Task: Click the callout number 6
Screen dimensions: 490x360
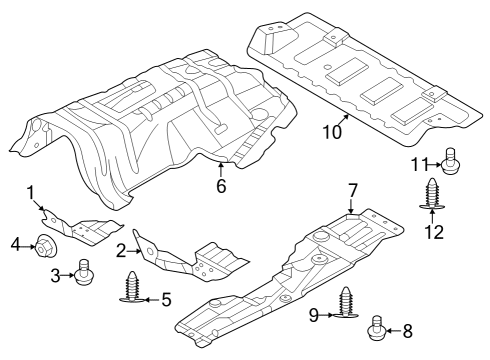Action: tap(221, 186)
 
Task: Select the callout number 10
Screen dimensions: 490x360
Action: tap(332, 132)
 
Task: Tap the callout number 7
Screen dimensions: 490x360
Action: tap(353, 191)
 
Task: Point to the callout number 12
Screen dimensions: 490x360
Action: tap(434, 232)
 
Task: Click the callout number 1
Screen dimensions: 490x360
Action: tap(31, 193)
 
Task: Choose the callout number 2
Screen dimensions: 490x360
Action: tap(121, 251)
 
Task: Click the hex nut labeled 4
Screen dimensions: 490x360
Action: tap(46, 247)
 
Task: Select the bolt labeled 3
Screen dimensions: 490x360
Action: tap(84, 273)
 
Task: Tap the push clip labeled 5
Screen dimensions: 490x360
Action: tap(133, 287)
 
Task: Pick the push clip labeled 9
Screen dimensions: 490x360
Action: tap(345, 302)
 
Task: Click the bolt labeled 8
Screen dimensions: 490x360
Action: tap(376, 327)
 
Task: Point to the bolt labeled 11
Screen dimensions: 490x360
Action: tap(451, 161)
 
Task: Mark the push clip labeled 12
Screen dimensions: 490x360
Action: tap(432, 194)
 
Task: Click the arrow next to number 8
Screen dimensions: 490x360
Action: tap(393, 331)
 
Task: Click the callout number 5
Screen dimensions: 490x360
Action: tap(166, 299)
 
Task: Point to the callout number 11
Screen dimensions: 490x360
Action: tap(419, 164)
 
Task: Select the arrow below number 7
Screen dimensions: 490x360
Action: tap(351, 206)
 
